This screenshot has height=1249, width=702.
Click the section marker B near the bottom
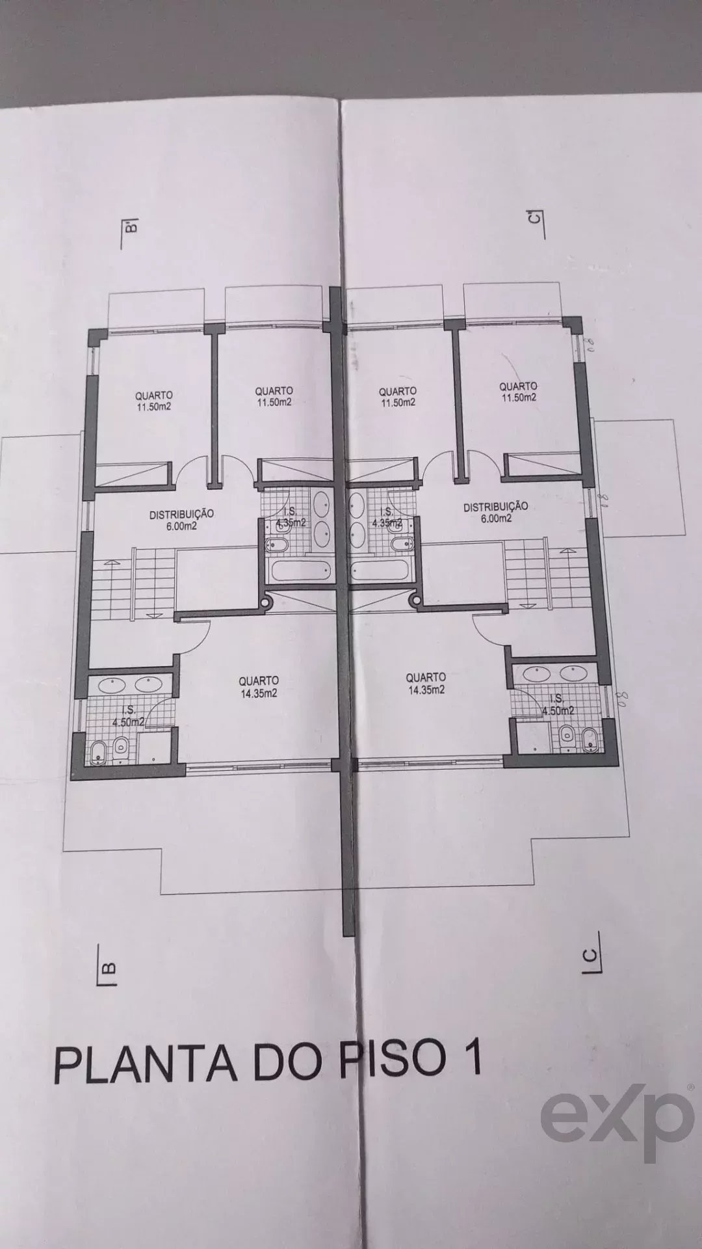[107, 967]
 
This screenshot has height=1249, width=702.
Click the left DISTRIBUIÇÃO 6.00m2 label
[181, 520]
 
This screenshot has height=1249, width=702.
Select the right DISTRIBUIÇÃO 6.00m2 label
[495, 512]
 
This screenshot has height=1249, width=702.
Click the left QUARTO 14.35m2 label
[259, 687]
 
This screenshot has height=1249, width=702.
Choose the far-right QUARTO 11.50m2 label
[518, 392]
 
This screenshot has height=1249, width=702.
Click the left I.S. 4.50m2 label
[123, 715]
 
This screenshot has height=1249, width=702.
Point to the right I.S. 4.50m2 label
[557, 706]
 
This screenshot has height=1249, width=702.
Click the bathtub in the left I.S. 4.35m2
[300, 573]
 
